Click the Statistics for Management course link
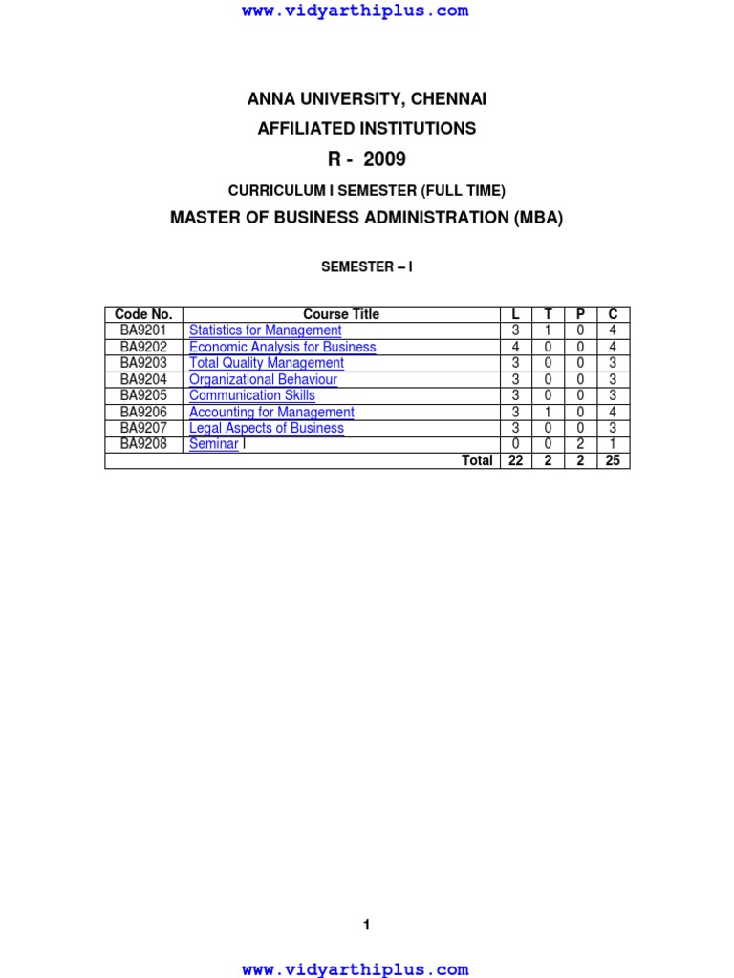tap(265, 330)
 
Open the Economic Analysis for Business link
tap(282, 347)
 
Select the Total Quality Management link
tap(266, 363)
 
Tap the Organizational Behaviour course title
tap(263, 379)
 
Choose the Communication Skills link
tap(251, 395)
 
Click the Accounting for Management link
tap(271, 412)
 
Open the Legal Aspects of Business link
tap(266, 428)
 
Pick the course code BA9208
tap(143, 444)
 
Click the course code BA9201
tap(143, 330)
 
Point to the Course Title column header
tap(341, 314)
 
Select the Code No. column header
tap(143, 314)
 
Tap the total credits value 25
tap(613, 460)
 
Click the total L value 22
tap(515, 460)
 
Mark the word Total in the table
tap(477, 460)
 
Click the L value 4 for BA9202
tap(515, 347)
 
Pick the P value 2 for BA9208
tap(580, 444)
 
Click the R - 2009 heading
tap(366, 159)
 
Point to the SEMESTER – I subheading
tap(366, 267)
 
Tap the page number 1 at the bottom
tap(366, 925)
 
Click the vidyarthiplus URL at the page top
tap(356, 11)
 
